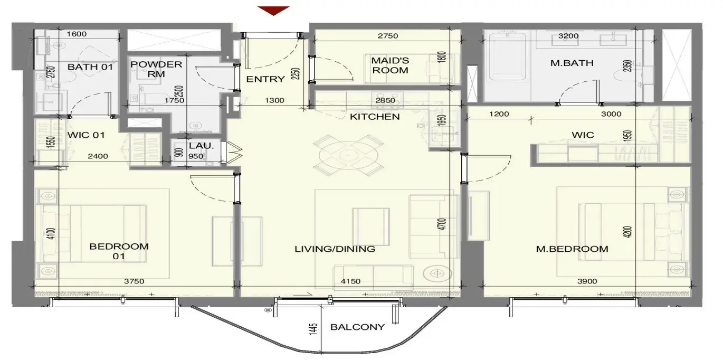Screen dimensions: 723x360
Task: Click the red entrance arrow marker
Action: click(x=273, y=11)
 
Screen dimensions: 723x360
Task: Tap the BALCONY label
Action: click(x=358, y=327)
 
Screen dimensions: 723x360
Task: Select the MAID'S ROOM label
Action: click(x=390, y=65)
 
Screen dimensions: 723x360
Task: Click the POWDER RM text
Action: click(x=156, y=69)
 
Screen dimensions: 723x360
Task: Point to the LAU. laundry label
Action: click(x=202, y=146)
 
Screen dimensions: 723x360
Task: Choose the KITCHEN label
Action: click(x=375, y=117)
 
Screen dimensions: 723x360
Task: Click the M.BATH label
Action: click(x=572, y=63)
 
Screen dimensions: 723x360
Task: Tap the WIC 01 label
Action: click(x=86, y=135)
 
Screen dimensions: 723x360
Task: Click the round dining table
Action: click(x=349, y=156)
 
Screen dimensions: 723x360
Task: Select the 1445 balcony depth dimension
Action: click(x=313, y=329)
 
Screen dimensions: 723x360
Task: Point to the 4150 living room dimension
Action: click(x=350, y=281)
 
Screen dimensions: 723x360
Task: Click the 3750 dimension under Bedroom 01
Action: click(x=134, y=281)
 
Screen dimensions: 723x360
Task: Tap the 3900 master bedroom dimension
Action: click(x=587, y=281)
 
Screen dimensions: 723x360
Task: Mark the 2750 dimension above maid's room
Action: click(x=388, y=36)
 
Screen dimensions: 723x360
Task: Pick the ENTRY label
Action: click(x=265, y=79)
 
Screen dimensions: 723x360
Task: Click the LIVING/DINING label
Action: click(x=335, y=249)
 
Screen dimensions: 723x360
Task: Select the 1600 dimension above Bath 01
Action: click(x=77, y=34)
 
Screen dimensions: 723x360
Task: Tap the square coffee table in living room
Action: click(x=371, y=226)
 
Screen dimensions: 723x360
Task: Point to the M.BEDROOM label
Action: click(x=572, y=249)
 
